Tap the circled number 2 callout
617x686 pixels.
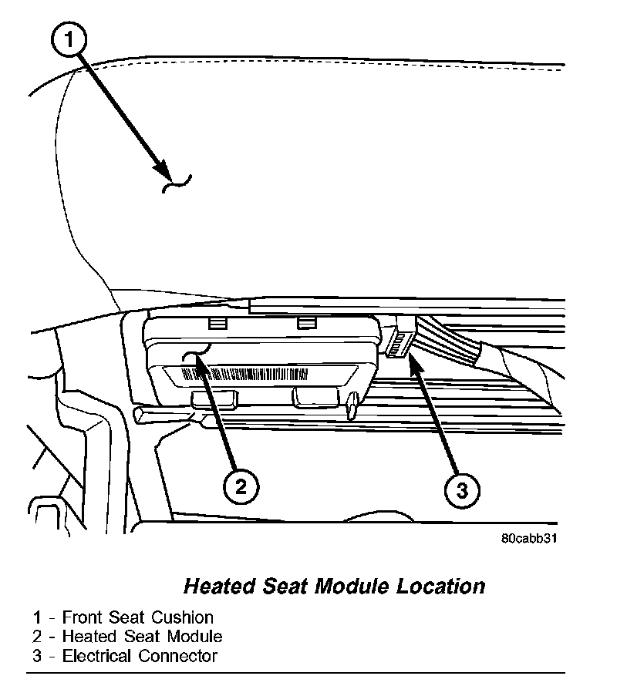[x=241, y=486]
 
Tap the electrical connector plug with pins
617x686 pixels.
[x=399, y=341]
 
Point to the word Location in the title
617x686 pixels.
[x=441, y=587]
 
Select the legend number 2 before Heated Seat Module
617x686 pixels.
[x=37, y=637]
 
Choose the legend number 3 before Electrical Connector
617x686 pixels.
[x=37, y=656]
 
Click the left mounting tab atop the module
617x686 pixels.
[x=218, y=320]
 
